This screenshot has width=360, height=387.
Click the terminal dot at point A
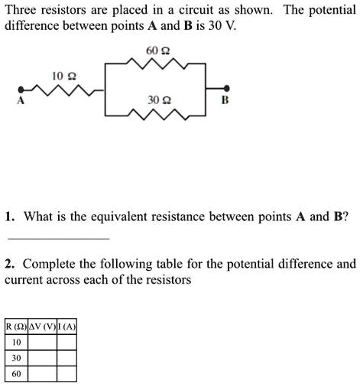pyautogui.click(x=21, y=90)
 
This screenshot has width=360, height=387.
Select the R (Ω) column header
pyautogui.click(x=16, y=327)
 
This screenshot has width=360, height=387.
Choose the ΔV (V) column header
pyautogui.click(x=43, y=327)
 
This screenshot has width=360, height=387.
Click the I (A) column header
pyautogui.click(x=67, y=327)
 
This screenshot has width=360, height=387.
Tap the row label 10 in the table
pyautogui.click(x=16, y=342)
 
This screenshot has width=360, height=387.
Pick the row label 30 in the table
pyautogui.click(x=16, y=358)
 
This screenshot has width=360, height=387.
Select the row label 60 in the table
pyautogui.click(x=16, y=374)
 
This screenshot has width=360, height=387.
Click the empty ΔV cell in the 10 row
pyautogui.click(x=43, y=342)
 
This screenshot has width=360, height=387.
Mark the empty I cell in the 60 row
pyautogui.click(x=67, y=374)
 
